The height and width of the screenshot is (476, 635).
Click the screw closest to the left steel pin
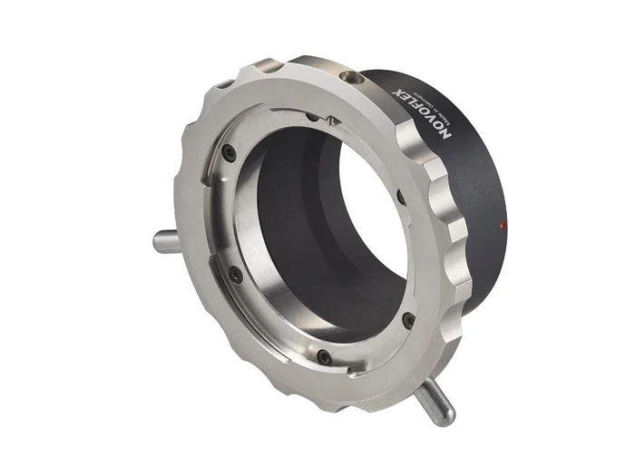click(x=235, y=271)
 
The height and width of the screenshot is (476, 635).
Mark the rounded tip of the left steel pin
click(x=157, y=241)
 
